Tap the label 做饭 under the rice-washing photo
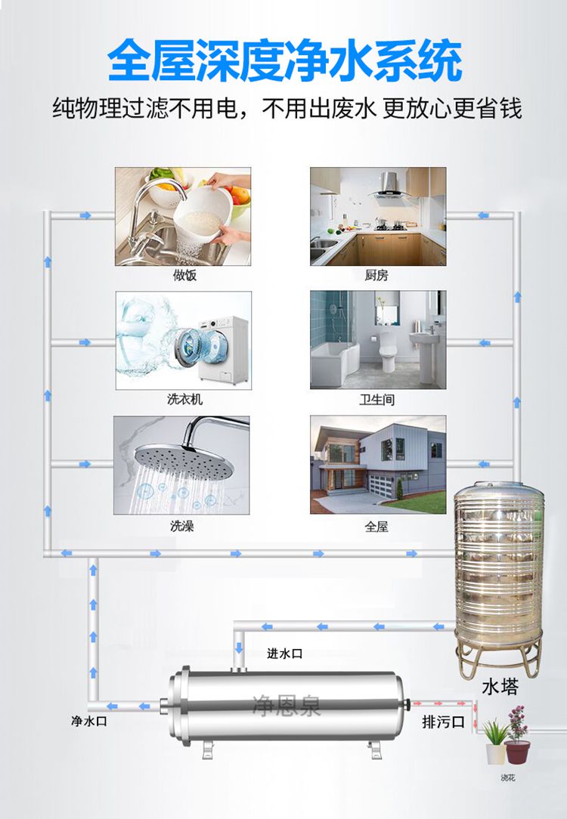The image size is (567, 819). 182,276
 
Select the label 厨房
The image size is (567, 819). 376,276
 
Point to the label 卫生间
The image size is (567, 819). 377,400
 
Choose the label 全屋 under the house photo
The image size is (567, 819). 376,526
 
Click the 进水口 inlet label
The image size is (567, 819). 285,654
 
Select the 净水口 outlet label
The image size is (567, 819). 89,722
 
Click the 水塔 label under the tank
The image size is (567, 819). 500,688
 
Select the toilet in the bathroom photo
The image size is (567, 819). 389,351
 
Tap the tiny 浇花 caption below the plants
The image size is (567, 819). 508,778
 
